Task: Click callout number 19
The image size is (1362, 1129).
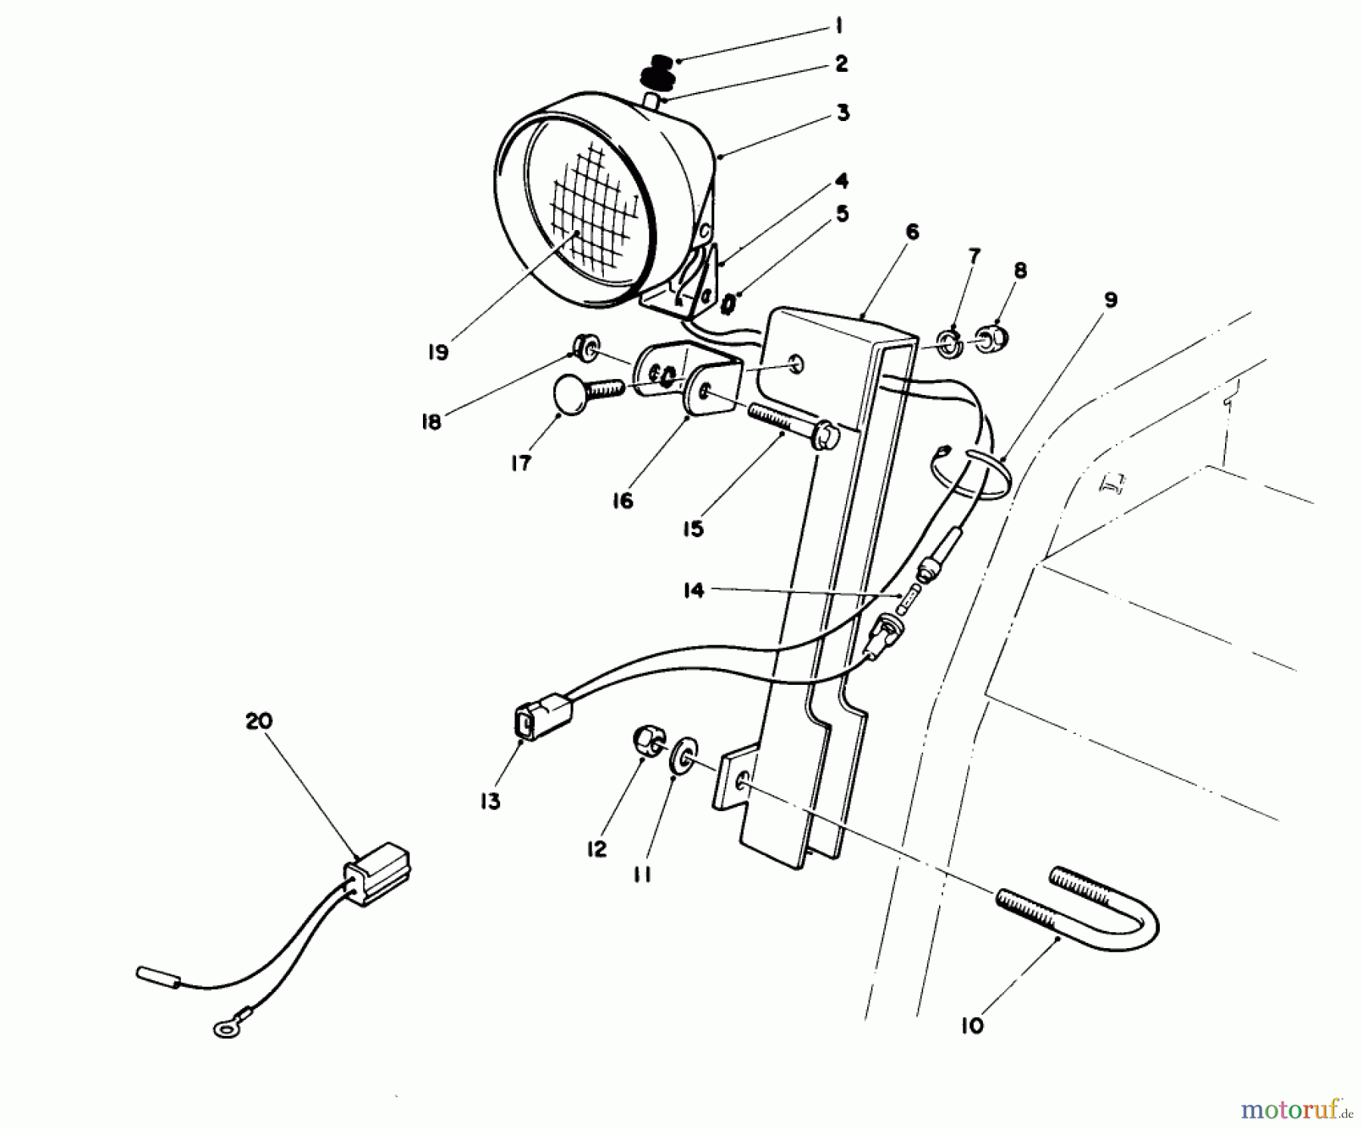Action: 438,352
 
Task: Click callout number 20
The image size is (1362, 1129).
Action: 258,721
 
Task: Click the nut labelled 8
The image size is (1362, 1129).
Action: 993,338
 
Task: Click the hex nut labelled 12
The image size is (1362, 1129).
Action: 648,741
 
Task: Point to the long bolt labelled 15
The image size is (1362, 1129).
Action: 787,428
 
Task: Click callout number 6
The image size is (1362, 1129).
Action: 913,232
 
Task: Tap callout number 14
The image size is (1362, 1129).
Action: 693,590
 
